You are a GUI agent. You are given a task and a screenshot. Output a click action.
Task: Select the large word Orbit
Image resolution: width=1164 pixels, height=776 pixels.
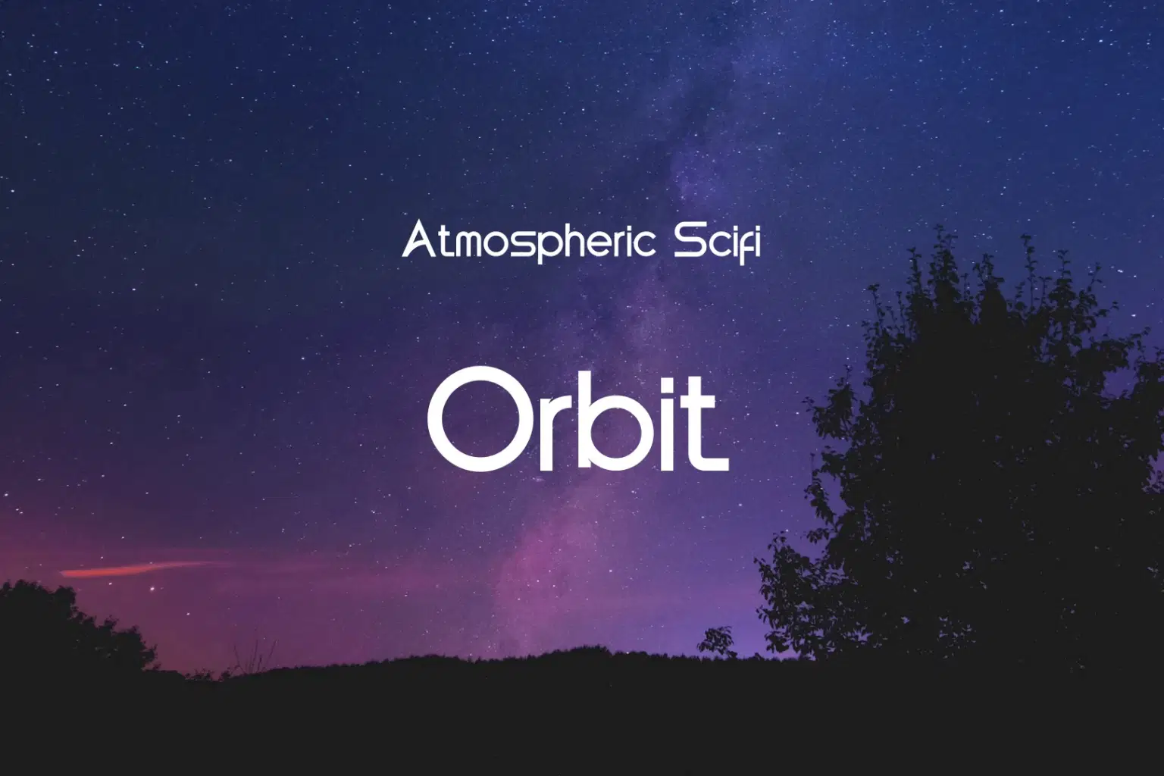pyautogui.click(x=577, y=418)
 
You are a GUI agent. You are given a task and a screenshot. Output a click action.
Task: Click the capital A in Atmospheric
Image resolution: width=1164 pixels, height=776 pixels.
pyautogui.click(x=418, y=240)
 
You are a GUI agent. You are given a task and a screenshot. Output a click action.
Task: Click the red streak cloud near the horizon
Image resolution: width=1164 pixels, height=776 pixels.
pyautogui.click(x=136, y=568)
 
